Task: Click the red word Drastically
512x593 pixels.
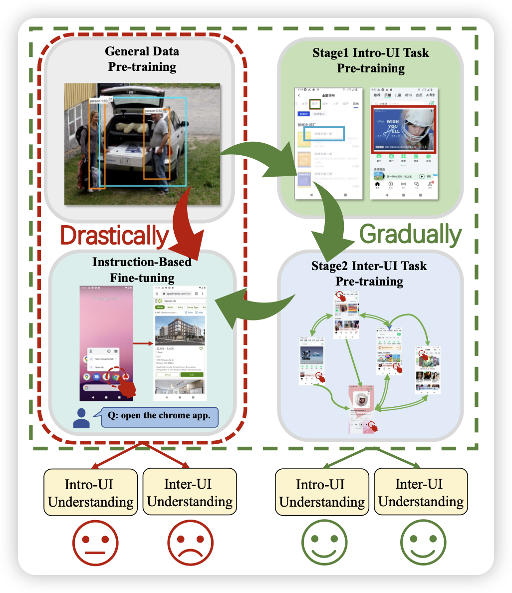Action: point(114,236)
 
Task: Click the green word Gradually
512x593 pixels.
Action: point(410,234)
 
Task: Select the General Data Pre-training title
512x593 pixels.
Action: point(142,59)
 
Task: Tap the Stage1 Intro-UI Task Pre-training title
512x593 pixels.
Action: point(370,60)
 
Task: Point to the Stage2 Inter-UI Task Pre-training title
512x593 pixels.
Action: point(369,273)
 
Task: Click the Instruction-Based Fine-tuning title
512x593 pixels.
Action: point(142,270)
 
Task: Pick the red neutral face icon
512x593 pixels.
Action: point(95,543)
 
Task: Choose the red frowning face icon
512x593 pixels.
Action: point(190,543)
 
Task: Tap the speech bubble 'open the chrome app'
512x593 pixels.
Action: point(160,416)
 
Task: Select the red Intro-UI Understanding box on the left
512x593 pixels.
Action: point(90,492)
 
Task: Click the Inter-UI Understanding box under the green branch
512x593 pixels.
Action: point(420,492)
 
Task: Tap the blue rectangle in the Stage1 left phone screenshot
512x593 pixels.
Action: point(324,133)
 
